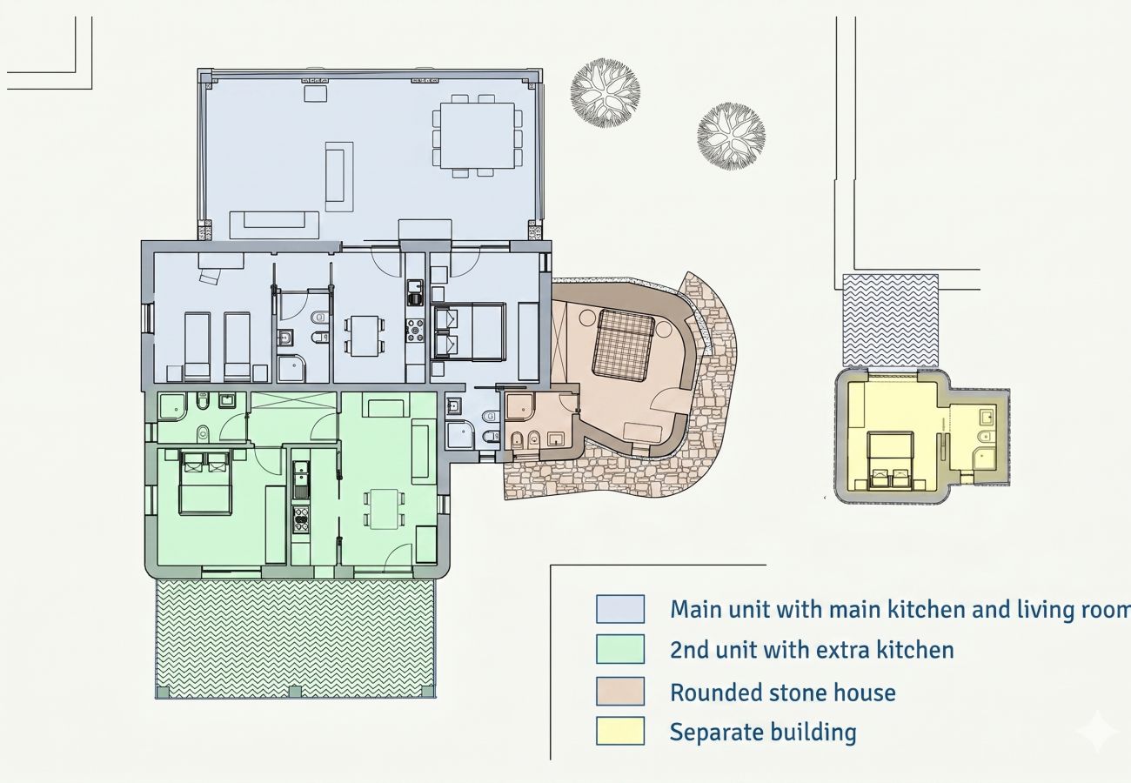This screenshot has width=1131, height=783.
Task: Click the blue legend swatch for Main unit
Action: [620, 609]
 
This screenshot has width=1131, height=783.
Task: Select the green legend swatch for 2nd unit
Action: [620, 649]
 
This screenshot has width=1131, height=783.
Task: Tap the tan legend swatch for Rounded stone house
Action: [620, 691]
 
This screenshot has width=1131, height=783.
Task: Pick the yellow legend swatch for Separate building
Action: [620, 731]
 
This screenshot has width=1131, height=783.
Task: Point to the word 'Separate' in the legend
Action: [714, 733]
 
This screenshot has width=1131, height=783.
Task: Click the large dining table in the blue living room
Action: [477, 136]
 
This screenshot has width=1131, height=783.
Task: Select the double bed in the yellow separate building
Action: [890, 460]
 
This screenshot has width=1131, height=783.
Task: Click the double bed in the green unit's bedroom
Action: [205, 483]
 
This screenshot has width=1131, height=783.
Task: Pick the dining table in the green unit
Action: [385, 509]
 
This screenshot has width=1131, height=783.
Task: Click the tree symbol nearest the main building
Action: [606, 92]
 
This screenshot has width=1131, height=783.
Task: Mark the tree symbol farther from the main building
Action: [731, 137]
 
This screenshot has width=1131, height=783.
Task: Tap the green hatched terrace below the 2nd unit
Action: [296, 639]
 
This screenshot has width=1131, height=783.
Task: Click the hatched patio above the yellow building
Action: [891, 320]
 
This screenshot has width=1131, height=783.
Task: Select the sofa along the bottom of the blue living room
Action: [274, 225]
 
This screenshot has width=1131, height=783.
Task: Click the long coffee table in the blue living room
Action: [338, 177]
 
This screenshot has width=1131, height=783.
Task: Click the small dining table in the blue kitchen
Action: [365, 336]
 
